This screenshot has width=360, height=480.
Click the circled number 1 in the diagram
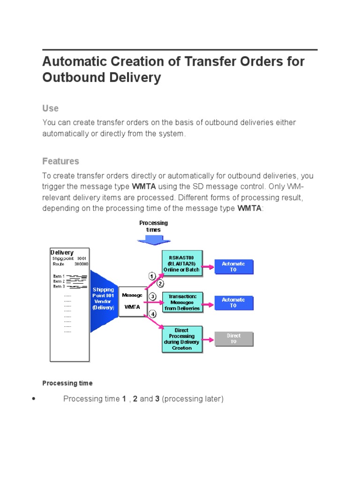coord(152,276)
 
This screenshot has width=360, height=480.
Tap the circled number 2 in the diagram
coord(160,284)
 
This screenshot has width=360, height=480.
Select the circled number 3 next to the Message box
coord(152,296)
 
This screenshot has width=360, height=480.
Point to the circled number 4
coord(152,313)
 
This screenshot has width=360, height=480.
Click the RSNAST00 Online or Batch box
coord(182,264)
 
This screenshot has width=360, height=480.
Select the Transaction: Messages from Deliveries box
coord(182,302)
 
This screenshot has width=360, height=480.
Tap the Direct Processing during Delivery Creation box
coord(182,339)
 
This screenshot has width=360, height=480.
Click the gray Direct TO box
coord(233,339)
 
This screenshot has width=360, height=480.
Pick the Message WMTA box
coord(132,301)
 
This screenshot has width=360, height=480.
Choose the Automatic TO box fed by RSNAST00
coord(233,267)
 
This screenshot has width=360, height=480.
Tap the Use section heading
coord(51,108)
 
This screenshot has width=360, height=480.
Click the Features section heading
coord(61,161)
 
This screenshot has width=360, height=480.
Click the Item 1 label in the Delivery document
coord(59,276)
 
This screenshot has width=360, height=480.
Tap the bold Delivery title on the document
coord(62,253)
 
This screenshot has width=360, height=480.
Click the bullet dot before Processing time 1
coord(33,399)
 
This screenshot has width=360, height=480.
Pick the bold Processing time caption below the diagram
coord(67,383)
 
